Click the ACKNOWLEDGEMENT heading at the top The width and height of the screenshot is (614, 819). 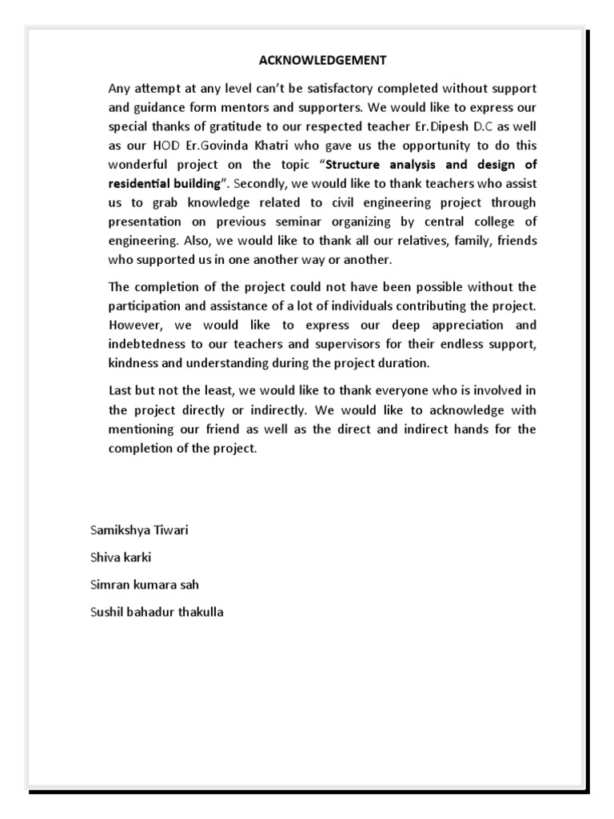322,60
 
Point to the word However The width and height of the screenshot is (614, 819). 136,326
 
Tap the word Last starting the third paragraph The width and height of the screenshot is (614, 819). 121,391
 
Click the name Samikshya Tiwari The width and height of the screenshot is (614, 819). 140,530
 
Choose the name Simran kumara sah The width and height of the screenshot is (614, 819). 144,585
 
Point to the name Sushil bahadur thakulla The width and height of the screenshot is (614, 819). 157,612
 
